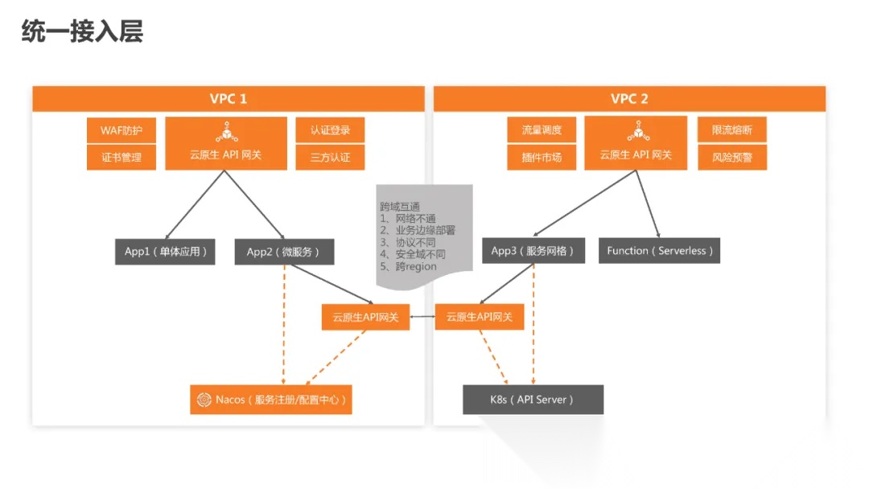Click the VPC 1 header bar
[x=228, y=99]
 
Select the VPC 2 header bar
[x=629, y=99]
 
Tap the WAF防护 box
[x=121, y=130]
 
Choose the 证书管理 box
[x=121, y=158]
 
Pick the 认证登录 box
[x=330, y=130]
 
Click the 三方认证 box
[x=330, y=158]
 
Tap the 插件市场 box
[x=535, y=158]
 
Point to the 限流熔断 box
[x=732, y=130]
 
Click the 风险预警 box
[x=732, y=158]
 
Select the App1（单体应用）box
[x=165, y=252]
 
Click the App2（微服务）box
[x=284, y=252]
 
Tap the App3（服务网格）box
[x=533, y=251]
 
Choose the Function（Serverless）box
[x=659, y=251]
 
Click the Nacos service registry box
[x=271, y=399]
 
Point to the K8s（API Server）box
[x=533, y=399]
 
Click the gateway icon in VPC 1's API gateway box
[x=226, y=132]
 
